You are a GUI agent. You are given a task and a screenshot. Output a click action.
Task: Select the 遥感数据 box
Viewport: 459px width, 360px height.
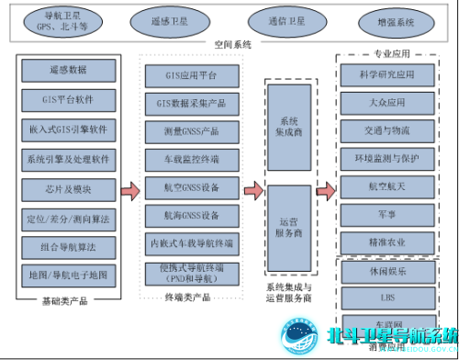(67, 70)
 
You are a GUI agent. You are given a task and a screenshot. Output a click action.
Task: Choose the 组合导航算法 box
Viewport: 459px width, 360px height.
(67, 247)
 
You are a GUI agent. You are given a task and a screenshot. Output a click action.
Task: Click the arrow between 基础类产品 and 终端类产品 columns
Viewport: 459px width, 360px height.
(129, 191)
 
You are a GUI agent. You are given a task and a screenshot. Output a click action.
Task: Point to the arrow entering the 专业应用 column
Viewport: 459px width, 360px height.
(323, 191)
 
